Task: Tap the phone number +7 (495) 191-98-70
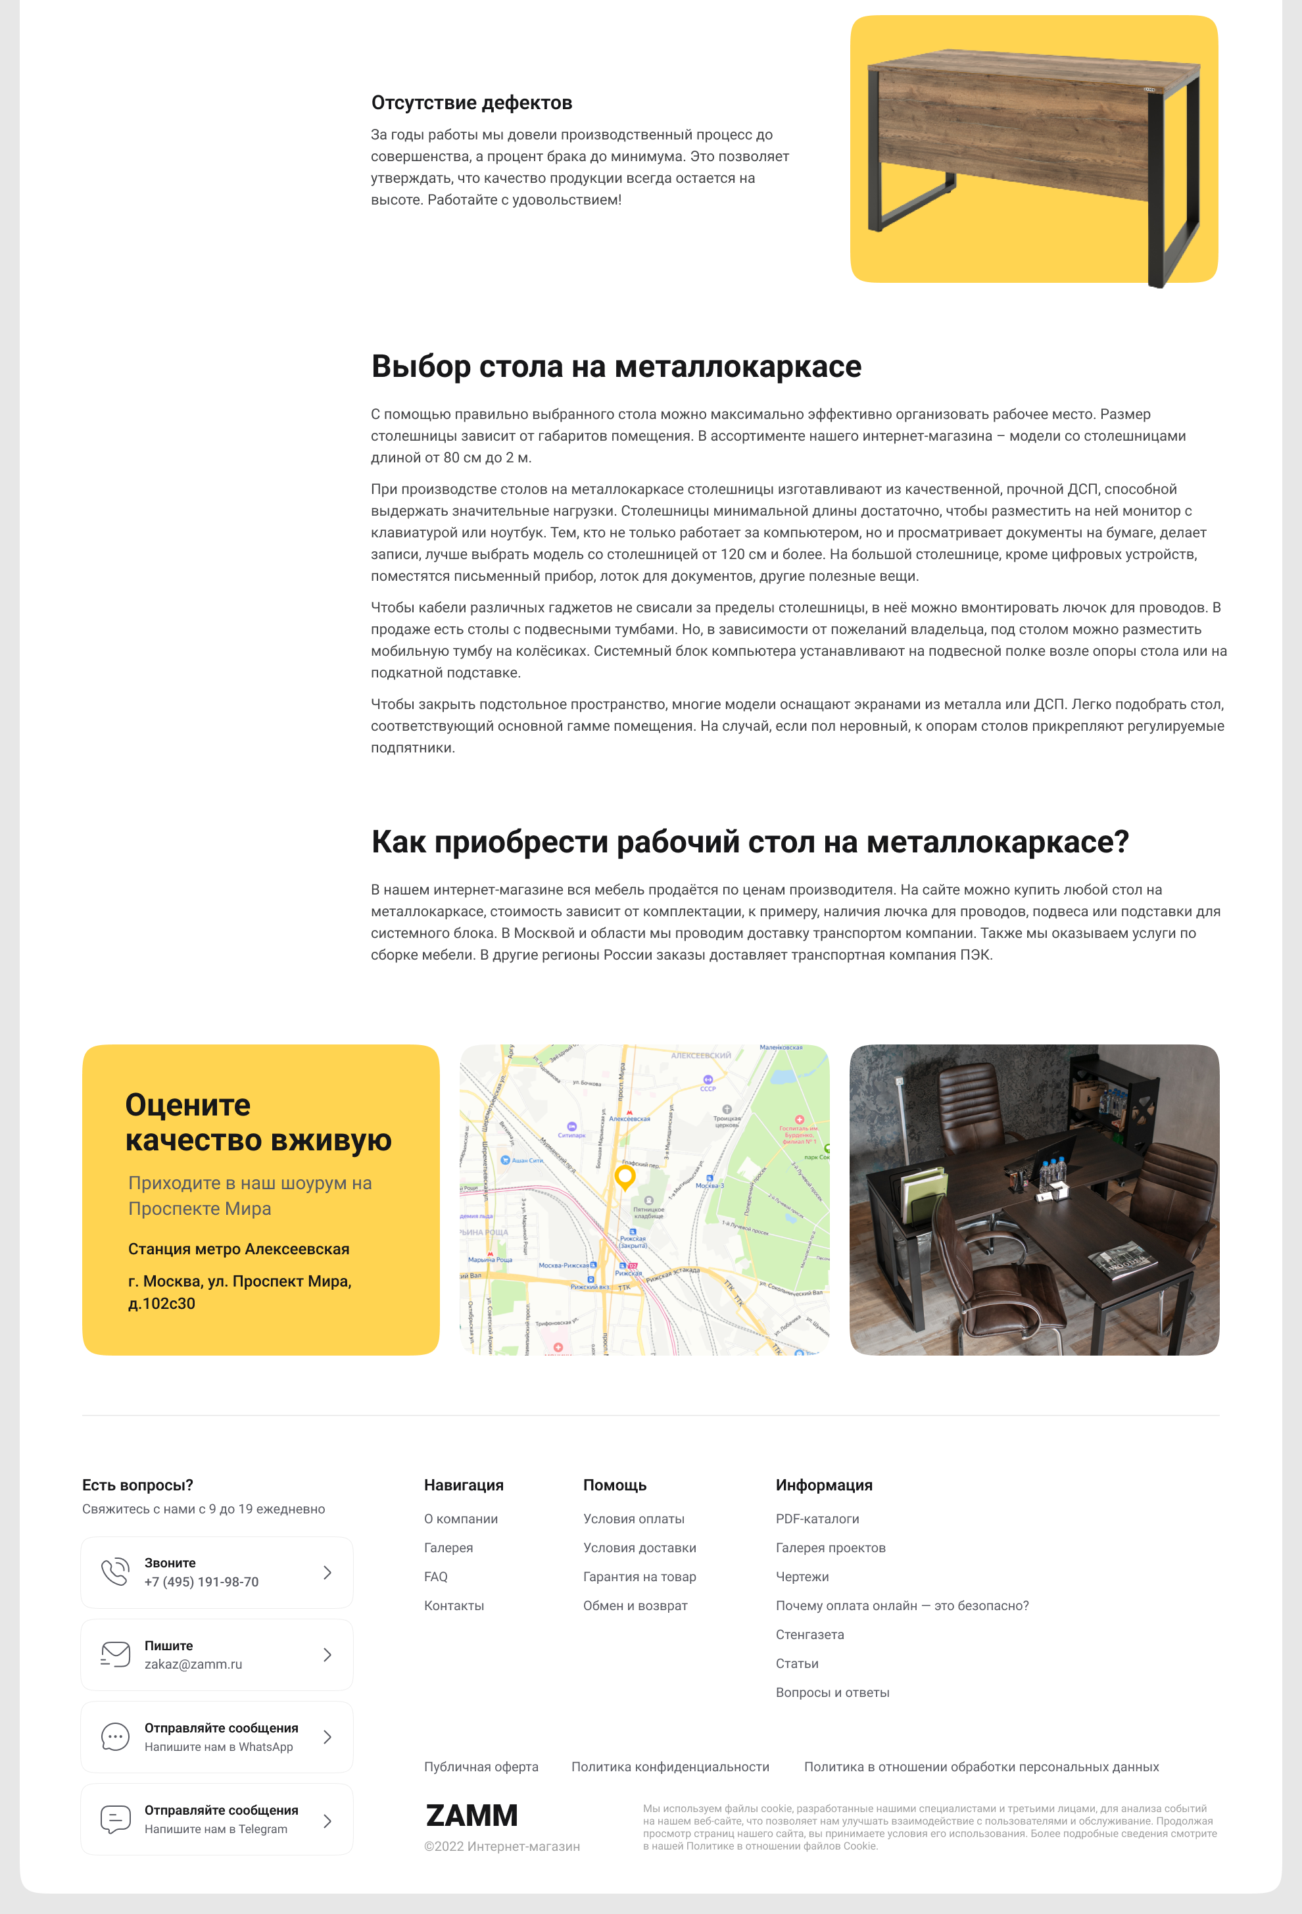click(x=202, y=1582)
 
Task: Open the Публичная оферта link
click(x=481, y=1767)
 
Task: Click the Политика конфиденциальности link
click(x=670, y=1767)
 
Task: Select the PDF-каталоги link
click(x=817, y=1519)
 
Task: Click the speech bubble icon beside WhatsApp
click(x=115, y=1737)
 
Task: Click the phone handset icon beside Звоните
click(x=115, y=1572)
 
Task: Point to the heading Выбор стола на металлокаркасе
click(x=616, y=366)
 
